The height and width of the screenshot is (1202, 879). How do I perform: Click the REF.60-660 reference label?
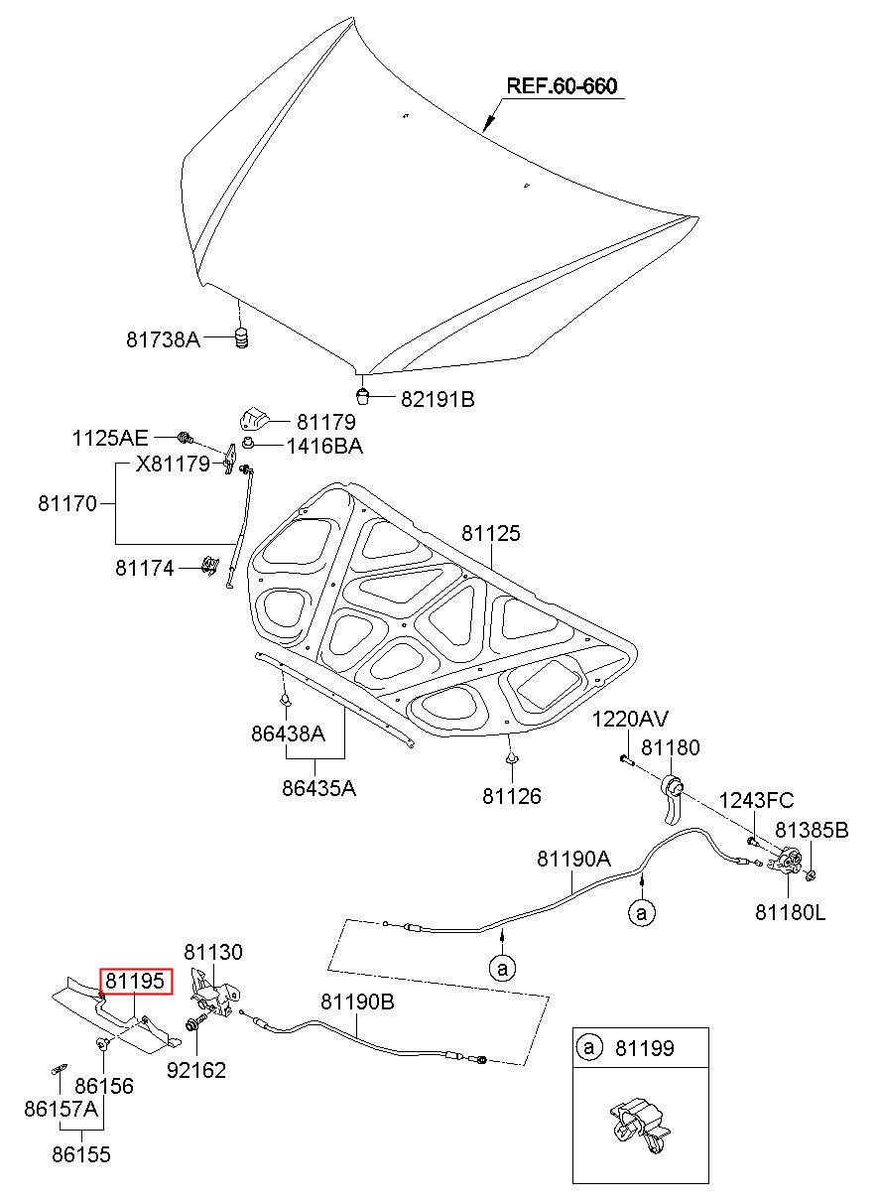(x=563, y=85)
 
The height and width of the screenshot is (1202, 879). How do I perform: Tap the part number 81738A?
(x=163, y=339)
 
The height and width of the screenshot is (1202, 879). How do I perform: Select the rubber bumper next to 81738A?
(x=242, y=337)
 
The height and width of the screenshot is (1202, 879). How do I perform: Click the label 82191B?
(x=438, y=399)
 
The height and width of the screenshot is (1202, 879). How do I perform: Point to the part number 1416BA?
(x=324, y=446)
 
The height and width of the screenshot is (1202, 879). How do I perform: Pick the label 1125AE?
(x=110, y=439)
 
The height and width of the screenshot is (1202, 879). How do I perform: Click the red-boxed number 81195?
(x=135, y=981)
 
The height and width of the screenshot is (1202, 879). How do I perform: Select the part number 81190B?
(x=358, y=1002)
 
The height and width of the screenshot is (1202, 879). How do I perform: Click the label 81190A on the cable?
(x=573, y=859)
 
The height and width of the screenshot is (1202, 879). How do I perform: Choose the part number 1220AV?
(x=630, y=719)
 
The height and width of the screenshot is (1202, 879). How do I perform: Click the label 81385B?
(x=812, y=830)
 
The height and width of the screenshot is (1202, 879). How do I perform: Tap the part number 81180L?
(x=791, y=912)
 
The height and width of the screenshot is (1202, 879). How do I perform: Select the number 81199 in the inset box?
(x=645, y=1048)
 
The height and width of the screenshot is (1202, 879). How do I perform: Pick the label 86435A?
(x=319, y=788)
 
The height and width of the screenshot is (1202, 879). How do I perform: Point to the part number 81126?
(x=512, y=796)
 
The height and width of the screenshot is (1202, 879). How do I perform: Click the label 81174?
(x=145, y=568)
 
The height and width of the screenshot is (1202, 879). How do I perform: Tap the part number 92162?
(x=196, y=1070)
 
